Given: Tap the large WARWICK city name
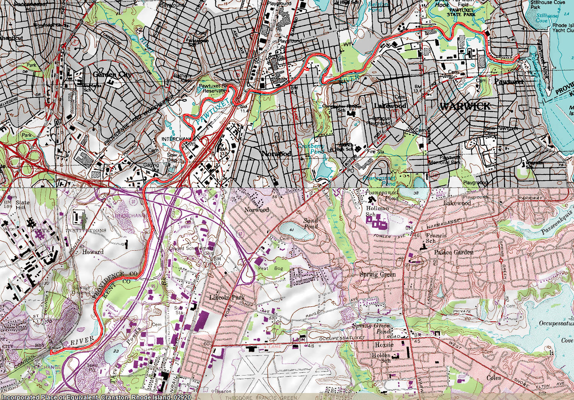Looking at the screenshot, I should [x=465, y=106].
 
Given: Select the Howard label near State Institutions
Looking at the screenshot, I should [x=93, y=252].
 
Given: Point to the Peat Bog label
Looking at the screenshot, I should [x=271, y=268].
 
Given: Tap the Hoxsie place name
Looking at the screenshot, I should [x=384, y=345].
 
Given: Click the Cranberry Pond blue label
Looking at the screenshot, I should [x=311, y=149].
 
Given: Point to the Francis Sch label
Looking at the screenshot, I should [x=436, y=238].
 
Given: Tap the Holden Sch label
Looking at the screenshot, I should [x=381, y=358].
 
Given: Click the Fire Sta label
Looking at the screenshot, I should [x=375, y=152].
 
